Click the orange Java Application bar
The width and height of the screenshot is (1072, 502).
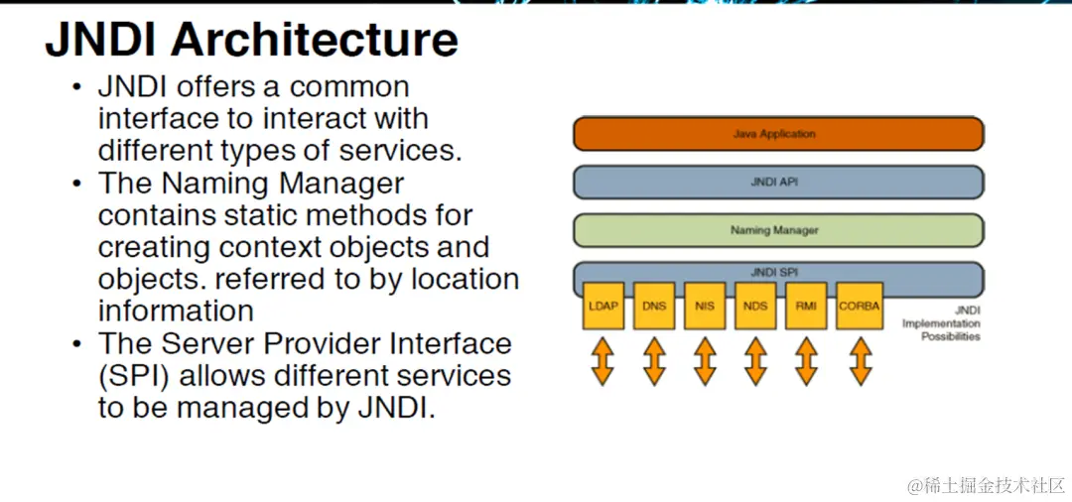pyautogui.click(x=777, y=133)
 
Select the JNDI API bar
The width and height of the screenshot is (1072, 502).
pyautogui.click(x=777, y=182)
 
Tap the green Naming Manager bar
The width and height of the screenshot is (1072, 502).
pyautogui.click(x=777, y=230)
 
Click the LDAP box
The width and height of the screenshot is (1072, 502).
pyautogui.click(x=603, y=306)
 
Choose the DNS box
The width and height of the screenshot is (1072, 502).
pyautogui.click(x=653, y=306)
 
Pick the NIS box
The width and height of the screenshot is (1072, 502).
pyautogui.click(x=705, y=306)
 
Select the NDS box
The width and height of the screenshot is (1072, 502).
pyautogui.click(x=755, y=306)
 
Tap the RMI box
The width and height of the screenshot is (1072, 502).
pyautogui.click(x=806, y=306)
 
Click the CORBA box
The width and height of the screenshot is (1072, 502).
pyautogui.click(x=859, y=306)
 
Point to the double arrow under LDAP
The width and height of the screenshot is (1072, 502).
pyautogui.click(x=603, y=360)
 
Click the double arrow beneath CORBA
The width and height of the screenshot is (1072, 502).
pyautogui.click(x=859, y=360)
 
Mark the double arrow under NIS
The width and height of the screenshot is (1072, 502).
pyautogui.click(x=705, y=360)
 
